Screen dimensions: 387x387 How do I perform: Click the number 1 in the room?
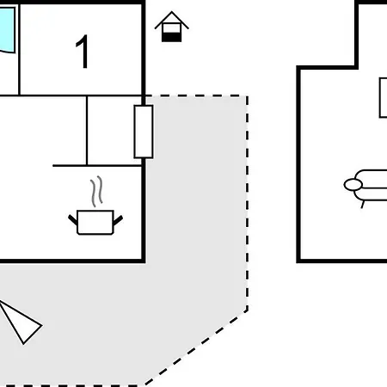point(83,52)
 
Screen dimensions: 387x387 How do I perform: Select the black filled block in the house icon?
point(171,37)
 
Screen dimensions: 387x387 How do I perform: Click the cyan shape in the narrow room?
point(8,30)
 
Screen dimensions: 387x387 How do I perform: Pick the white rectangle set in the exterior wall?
point(144,132)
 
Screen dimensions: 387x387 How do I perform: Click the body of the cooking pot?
point(95,223)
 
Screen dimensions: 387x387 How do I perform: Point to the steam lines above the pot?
point(96,191)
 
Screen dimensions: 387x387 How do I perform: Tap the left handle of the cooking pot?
point(72,219)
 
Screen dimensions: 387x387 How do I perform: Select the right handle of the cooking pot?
point(118,220)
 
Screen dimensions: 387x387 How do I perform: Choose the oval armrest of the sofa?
point(353,185)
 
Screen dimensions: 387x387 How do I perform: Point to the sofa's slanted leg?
point(363,205)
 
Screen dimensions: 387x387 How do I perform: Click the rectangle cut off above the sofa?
point(384,97)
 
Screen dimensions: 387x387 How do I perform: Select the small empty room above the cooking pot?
point(114,131)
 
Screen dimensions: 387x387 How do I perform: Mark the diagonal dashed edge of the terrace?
point(196,347)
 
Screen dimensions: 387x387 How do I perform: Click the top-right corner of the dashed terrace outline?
point(247,96)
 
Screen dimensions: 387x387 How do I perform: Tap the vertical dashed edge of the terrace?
point(247,203)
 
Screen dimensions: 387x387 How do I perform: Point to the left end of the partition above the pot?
point(53,166)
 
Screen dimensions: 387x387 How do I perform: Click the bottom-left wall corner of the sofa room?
point(298,261)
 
